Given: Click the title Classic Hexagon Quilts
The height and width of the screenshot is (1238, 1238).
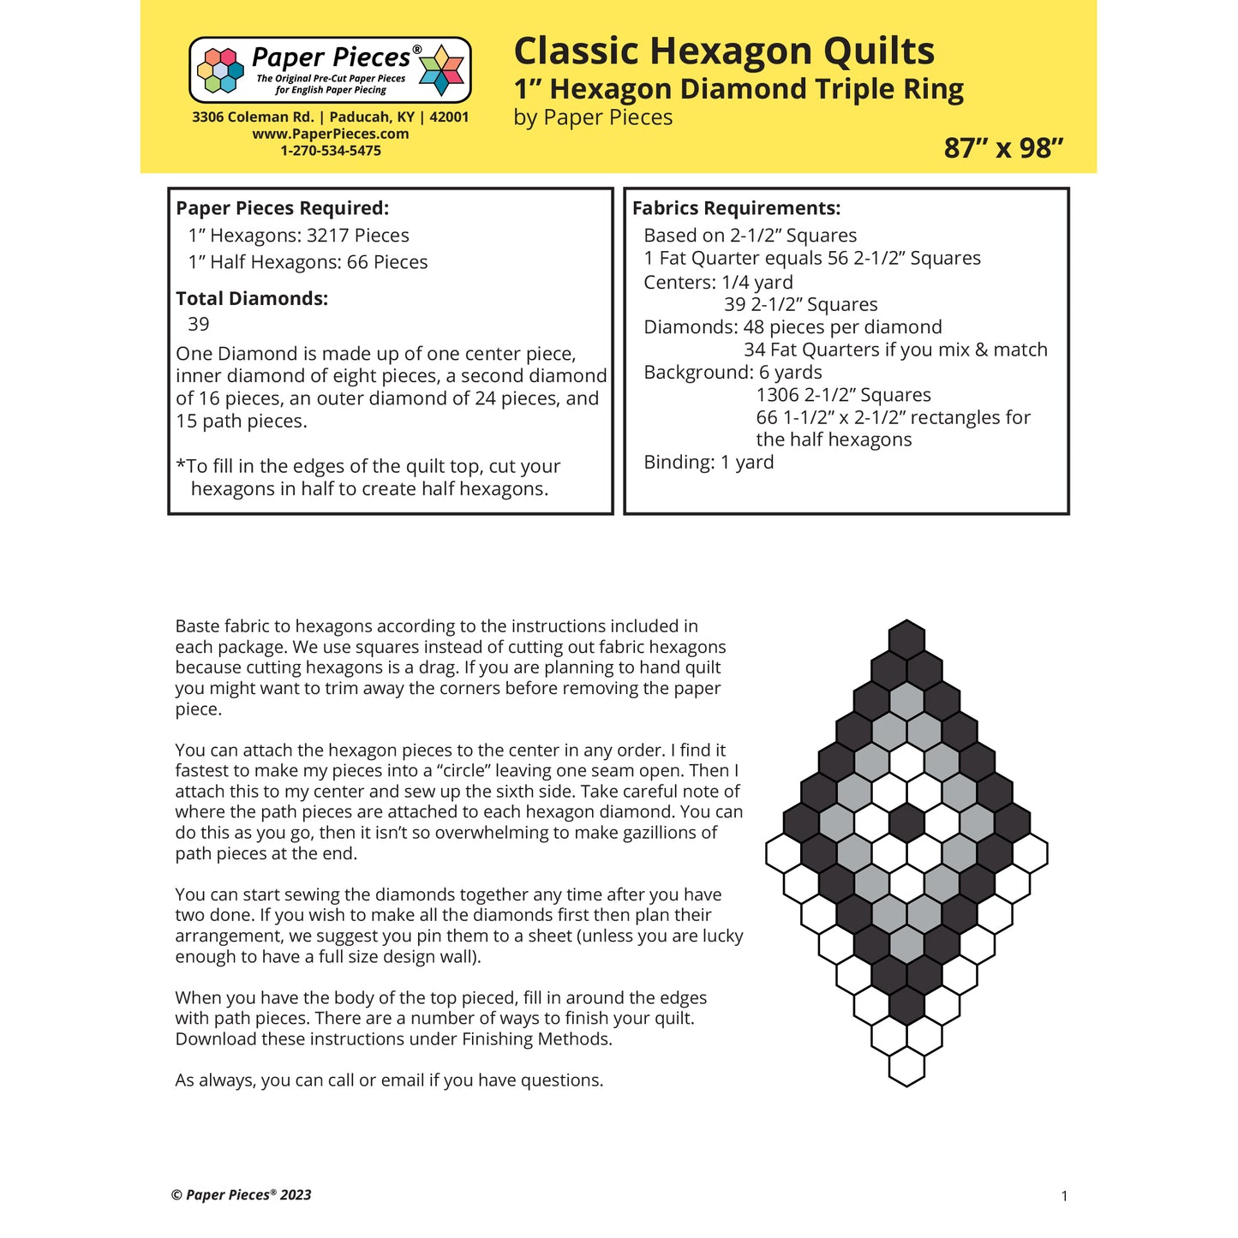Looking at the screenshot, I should click(x=723, y=51).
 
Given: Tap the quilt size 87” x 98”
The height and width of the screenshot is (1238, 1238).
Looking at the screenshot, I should click(x=1003, y=148).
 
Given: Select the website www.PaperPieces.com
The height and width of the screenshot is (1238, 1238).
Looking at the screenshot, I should click(x=330, y=134).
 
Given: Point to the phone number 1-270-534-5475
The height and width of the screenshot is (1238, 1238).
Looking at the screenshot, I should click(x=330, y=151).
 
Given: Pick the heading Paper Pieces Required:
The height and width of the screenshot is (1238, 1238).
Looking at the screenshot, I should click(x=282, y=208).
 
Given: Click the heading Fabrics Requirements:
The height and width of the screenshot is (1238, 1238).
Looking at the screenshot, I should click(x=736, y=208).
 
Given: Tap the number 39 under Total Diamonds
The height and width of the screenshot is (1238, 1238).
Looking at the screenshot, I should click(x=199, y=324).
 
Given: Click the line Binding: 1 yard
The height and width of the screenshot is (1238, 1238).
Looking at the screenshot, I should click(x=709, y=463).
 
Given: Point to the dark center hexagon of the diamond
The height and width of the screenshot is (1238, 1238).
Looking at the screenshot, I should click(x=906, y=822).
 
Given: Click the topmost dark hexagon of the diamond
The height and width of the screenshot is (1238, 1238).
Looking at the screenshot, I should click(x=906, y=639).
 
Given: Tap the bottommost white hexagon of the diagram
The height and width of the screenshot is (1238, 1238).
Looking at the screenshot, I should click(x=906, y=1067).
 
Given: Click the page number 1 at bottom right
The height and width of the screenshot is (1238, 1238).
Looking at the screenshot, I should click(x=1064, y=1196).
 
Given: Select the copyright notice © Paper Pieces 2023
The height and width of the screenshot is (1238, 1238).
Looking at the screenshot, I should click(x=242, y=1195).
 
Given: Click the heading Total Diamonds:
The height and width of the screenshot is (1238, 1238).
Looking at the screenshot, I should click(x=252, y=299).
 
